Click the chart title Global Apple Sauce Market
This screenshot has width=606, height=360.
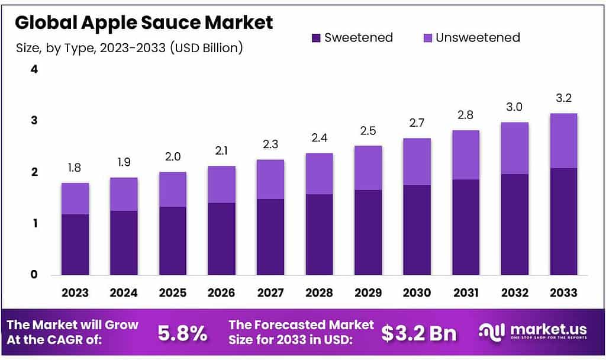coord(144,22)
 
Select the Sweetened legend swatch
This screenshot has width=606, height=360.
coord(316,38)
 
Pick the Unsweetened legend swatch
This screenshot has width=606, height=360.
coord(427,38)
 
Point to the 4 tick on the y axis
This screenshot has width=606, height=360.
coord(34,69)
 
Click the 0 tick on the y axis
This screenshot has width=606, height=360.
coord(34,275)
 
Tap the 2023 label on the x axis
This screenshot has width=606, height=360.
coord(75,292)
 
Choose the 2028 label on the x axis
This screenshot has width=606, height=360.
coord(319,292)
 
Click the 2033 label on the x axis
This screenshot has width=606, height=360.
coord(563,292)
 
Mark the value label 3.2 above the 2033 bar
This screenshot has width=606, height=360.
coord(563,98)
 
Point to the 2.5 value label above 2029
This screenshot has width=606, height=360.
coord(368,131)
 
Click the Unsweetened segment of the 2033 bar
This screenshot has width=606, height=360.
coord(563,141)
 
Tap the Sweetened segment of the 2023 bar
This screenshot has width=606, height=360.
coord(75,245)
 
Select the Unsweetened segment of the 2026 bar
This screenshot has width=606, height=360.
coord(221,185)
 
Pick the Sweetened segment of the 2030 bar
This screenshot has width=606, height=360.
coord(417,230)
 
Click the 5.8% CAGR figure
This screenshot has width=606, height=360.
coord(182,333)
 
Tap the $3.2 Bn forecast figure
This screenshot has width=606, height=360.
coord(419,333)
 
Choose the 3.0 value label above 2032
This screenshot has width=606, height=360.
coord(514,108)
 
